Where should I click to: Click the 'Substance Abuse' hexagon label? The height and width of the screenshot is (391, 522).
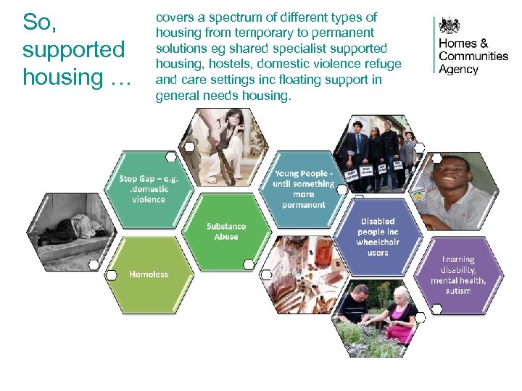(x=225, y=231)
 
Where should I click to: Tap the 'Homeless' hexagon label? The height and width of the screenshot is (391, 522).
(x=149, y=274)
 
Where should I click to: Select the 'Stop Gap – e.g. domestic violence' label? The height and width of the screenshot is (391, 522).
(x=148, y=188)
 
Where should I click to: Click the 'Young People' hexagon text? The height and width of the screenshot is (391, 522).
(x=304, y=189)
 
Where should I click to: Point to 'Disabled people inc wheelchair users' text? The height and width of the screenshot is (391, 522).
(x=377, y=237)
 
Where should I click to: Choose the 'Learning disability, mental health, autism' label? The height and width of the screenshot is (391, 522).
(x=458, y=275)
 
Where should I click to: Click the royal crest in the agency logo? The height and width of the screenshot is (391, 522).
(x=451, y=26)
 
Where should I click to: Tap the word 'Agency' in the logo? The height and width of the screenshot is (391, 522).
(x=459, y=70)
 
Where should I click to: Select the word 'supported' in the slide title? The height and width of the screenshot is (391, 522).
(x=73, y=50)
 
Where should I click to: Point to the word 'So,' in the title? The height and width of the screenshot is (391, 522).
(x=38, y=22)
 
